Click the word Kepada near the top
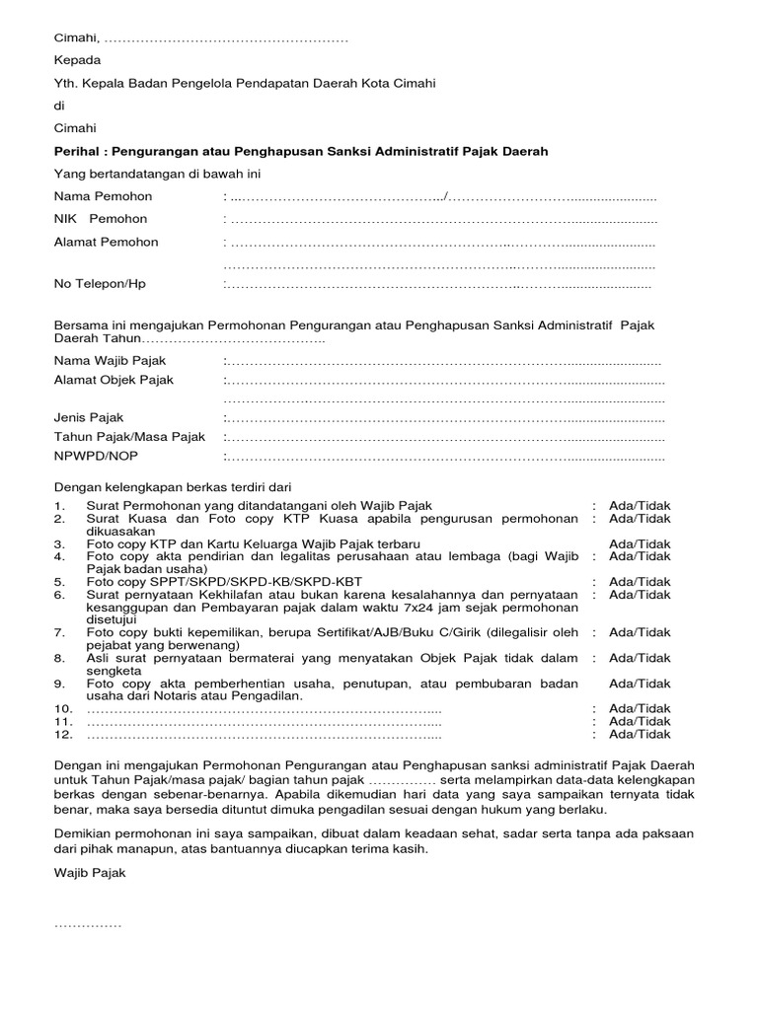pos(77,60)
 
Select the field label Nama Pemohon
pos(103,196)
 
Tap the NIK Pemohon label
pos(100,219)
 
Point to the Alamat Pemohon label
pos(106,242)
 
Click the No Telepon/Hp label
pos(100,284)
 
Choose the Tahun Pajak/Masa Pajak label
pos(129,437)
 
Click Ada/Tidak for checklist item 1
pos(640,506)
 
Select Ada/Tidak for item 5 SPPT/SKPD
pos(640,582)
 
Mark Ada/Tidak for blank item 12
pos(640,734)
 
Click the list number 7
pos(59,632)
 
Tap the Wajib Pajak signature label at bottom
pos(90,873)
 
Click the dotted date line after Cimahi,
pos(226,38)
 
